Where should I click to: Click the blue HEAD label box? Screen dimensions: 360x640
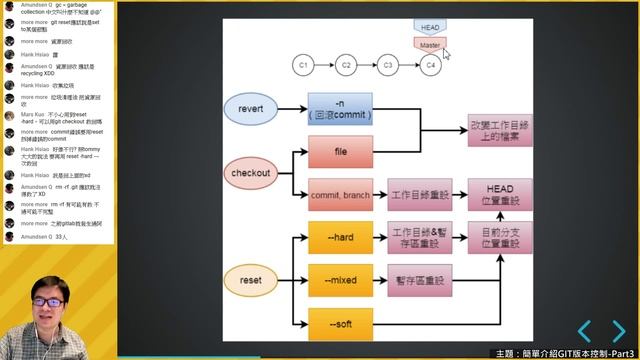tap(430, 26)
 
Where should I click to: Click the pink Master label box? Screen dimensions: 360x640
tap(430, 45)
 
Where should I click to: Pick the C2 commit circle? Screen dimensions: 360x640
tap(345, 64)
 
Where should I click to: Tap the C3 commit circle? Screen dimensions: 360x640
tap(388, 64)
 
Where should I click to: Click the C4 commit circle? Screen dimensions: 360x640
tap(431, 64)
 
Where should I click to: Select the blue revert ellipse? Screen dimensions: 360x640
tap(250, 108)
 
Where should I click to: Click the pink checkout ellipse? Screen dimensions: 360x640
tap(251, 173)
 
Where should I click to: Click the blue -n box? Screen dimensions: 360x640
tap(340, 108)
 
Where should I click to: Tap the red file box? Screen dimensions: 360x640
tap(340, 151)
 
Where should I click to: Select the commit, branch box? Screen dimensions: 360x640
tap(340, 194)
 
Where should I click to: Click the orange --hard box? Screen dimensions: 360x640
tap(340, 238)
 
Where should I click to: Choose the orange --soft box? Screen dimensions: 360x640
tap(340, 323)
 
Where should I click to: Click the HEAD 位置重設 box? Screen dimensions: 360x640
tap(499, 194)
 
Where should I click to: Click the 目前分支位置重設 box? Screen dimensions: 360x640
tap(499, 238)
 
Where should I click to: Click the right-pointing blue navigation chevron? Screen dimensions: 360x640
tap(619, 331)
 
